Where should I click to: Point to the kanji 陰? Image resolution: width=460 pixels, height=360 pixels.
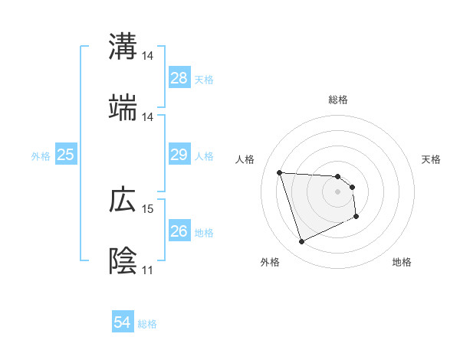(x=123, y=261)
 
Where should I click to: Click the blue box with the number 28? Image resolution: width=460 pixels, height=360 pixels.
(x=179, y=78)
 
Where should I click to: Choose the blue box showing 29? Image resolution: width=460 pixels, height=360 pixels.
(x=179, y=155)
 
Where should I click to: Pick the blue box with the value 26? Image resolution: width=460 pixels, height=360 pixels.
(x=179, y=231)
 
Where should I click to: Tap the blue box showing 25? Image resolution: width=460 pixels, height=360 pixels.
(x=66, y=155)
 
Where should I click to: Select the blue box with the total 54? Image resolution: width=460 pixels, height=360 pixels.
(x=123, y=323)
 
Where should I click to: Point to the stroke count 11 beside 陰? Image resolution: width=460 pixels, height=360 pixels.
(x=148, y=270)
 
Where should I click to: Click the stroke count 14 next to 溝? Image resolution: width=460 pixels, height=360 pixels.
(x=148, y=56)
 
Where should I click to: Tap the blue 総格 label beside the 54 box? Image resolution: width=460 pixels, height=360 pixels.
(x=147, y=324)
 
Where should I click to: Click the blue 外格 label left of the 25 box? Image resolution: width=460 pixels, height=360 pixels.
(x=41, y=156)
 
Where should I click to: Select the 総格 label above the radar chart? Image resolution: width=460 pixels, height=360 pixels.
(x=338, y=100)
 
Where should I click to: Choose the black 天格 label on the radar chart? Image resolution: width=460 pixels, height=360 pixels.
(x=432, y=159)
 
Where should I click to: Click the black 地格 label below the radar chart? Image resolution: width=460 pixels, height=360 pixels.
(x=402, y=263)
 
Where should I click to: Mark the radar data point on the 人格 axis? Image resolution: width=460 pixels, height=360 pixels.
(x=279, y=172)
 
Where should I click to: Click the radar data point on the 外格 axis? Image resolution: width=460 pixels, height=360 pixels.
(x=301, y=242)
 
